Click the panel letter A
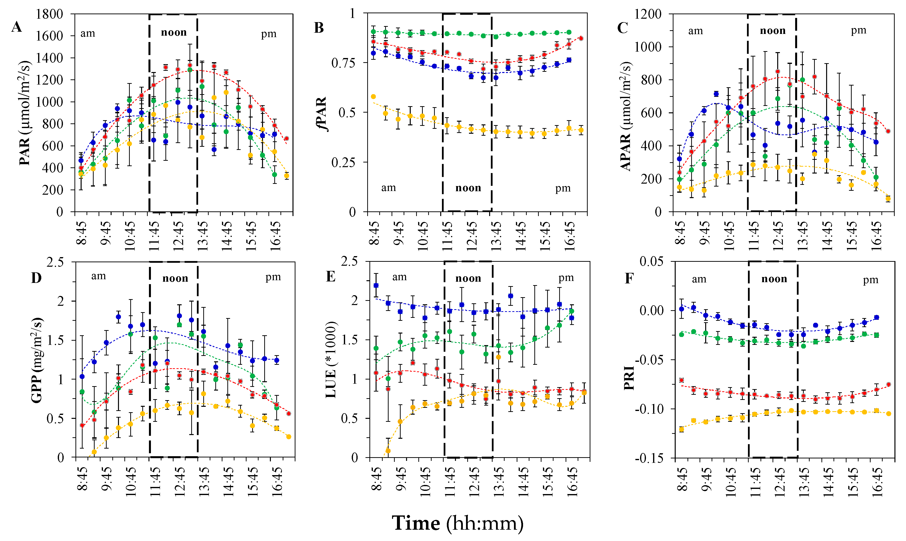[16, 27]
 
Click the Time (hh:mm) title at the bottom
[457, 523]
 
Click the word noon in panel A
[174, 32]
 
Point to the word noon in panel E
[468, 278]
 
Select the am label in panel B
[389, 188]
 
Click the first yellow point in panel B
[373, 97]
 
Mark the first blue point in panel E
[376, 285]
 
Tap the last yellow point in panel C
[888, 199]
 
